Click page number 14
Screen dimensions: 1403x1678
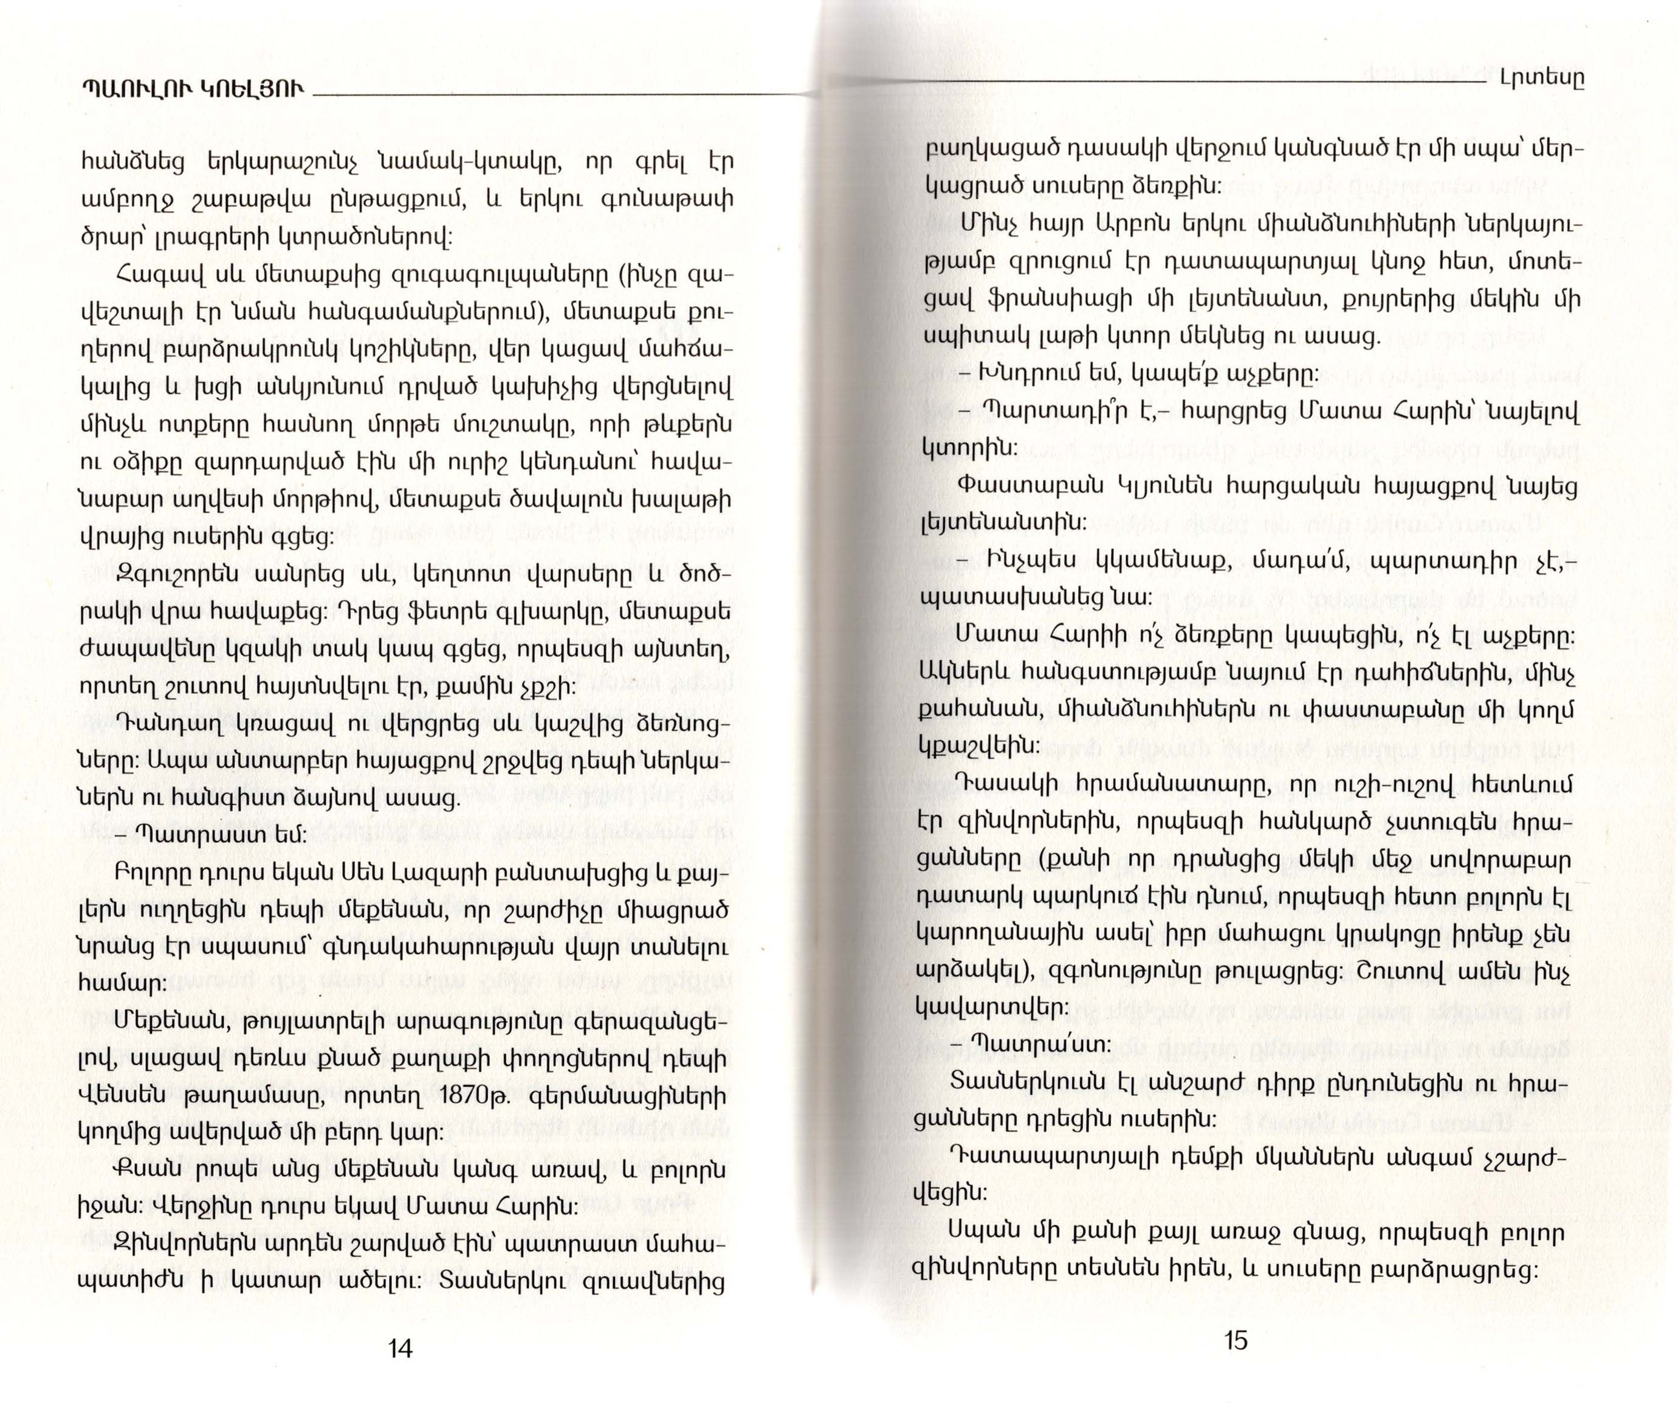click(x=399, y=1349)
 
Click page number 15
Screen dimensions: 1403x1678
click(x=1236, y=1339)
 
